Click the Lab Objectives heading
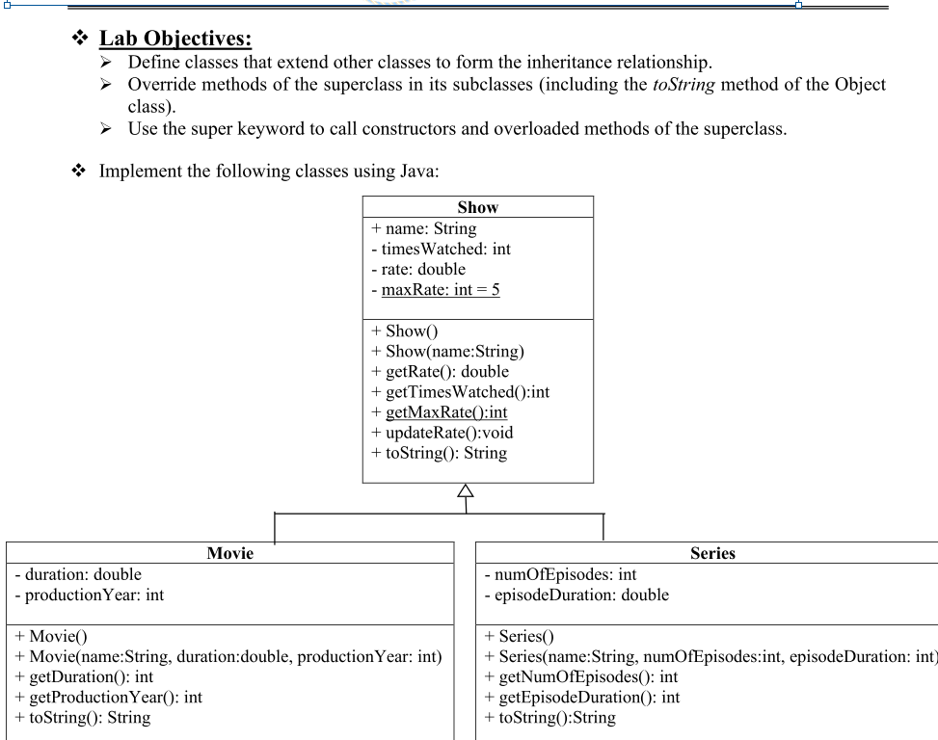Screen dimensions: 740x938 click(x=175, y=39)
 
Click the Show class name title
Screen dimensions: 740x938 click(x=477, y=207)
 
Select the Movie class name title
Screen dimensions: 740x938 click(x=229, y=553)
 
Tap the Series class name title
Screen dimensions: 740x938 click(x=712, y=553)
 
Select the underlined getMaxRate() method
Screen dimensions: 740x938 click(x=446, y=412)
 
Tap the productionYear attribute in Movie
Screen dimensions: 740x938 click(x=87, y=595)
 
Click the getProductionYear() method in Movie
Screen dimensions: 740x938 click(x=107, y=697)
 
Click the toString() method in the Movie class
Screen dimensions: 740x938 click(x=80, y=717)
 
